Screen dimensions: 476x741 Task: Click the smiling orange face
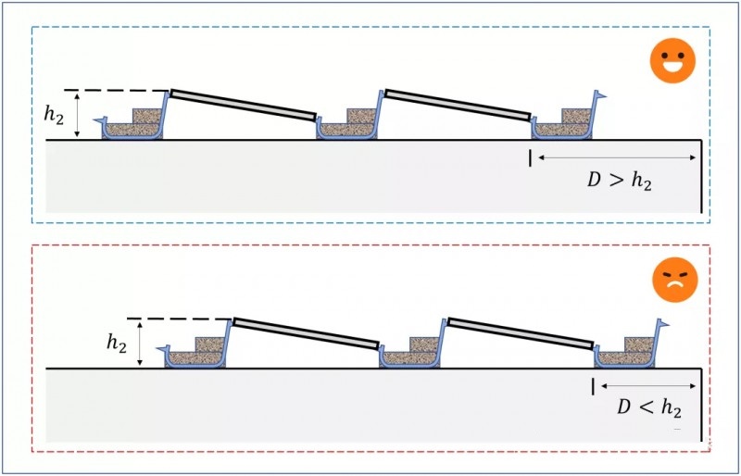point(671,63)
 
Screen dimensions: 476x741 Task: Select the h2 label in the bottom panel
point(116,344)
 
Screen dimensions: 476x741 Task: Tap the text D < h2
point(647,409)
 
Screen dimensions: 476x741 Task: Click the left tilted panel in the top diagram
point(244,104)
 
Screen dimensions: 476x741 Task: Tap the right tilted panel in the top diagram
point(458,104)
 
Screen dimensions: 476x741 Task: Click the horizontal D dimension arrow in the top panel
point(616,158)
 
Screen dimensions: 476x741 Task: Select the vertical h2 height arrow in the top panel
point(79,115)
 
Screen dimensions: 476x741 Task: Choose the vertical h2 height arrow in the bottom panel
point(140,344)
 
